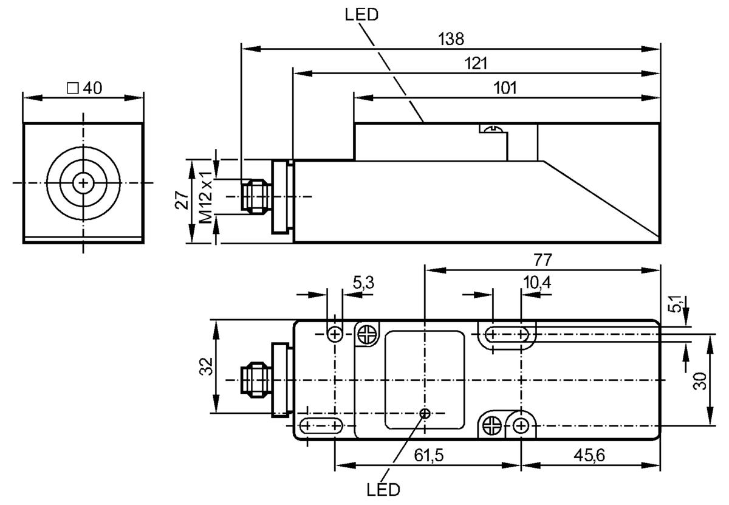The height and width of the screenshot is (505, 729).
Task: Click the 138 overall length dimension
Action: [x=451, y=39]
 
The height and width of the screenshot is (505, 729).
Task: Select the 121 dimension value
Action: [x=476, y=63]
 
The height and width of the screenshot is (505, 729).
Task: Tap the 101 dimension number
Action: [x=505, y=88]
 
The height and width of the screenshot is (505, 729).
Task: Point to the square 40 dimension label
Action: [x=84, y=88]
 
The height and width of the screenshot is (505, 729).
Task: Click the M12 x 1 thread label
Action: [x=206, y=197]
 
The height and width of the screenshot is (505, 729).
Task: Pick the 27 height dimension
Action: [x=182, y=200]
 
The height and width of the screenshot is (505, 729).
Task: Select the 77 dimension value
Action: [x=542, y=260]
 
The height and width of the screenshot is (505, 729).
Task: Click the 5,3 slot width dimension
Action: [x=363, y=283]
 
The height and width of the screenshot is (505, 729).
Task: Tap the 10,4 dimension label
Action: [x=537, y=283]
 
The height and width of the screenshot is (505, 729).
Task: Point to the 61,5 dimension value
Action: [x=429, y=455]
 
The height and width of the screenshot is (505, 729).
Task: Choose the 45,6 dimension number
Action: [x=589, y=455]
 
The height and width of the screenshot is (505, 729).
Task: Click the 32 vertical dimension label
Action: [x=206, y=366]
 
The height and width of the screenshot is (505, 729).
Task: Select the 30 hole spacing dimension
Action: [x=700, y=381]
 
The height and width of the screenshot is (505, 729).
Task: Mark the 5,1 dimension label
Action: [x=676, y=303]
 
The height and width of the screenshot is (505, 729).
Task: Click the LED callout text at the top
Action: [x=361, y=15]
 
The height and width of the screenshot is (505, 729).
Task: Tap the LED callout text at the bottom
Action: [x=383, y=490]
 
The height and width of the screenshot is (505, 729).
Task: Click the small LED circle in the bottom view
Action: [x=425, y=414]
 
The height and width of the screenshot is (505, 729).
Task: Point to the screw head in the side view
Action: [x=494, y=129]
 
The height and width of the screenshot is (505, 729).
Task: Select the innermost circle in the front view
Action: [x=83, y=184]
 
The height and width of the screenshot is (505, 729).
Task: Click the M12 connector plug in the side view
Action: [x=255, y=196]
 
